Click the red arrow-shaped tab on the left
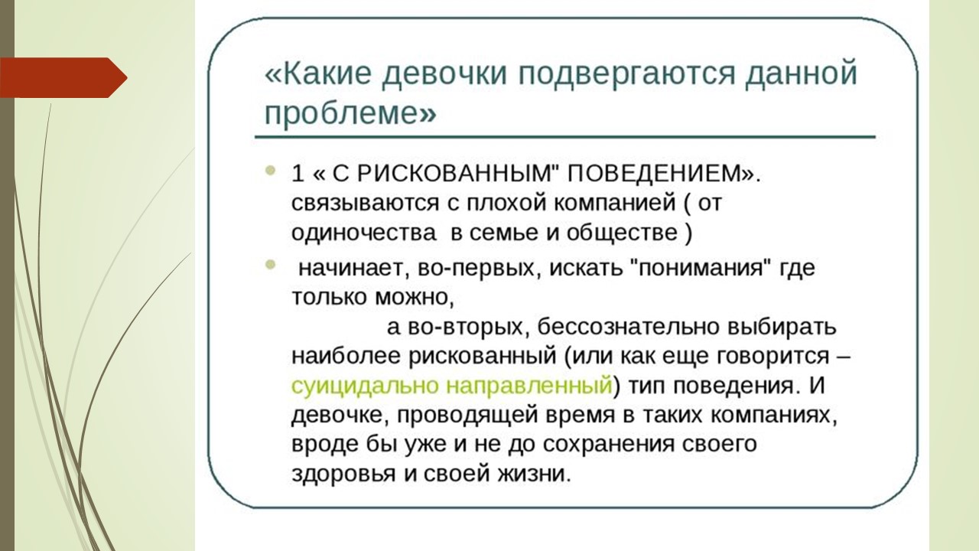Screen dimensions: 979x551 click(x=63, y=77)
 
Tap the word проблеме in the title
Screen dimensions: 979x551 click(x=342, y=114)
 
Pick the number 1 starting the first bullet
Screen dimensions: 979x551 click(x=298, y=174)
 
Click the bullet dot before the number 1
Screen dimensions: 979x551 click(x=271, y=171)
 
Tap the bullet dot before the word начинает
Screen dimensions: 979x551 click(x=271, y=265)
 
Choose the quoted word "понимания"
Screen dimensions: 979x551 click(x=701, y=268)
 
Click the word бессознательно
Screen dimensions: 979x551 click(x=628, y=327)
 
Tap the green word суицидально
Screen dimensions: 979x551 click(x=365, y=386)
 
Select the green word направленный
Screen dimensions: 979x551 click(x=529, y=386)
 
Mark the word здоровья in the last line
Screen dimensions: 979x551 click(x=343, y=474)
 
